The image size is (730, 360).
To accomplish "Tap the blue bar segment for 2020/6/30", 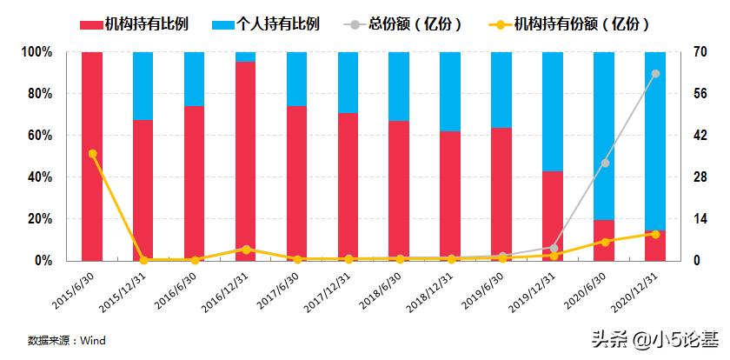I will pyautogui.click(x=604, y=135).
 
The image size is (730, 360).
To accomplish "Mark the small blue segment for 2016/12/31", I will pyautogui.click(x=246, y=57).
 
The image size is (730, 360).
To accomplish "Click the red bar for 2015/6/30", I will pyautogui.click(x=92, y=157).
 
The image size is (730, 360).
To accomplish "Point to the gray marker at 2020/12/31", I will pyautogui.click(x=656, y=74).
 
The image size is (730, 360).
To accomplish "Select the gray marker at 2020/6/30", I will pyautogui.click(x=605, y=163).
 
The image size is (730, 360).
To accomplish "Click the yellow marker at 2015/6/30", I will pyautogui.click(x=92, y=154).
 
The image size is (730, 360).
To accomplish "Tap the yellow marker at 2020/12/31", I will pyautogui.click(x=656, y=234).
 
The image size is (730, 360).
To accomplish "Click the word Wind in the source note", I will pyautogui.click(x=93, y=341).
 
